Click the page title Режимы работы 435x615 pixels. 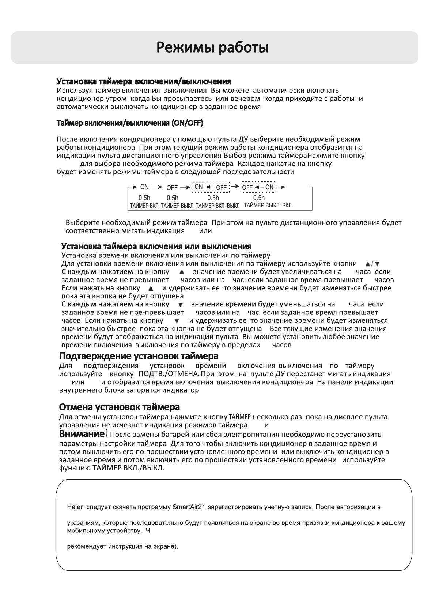(x=213, y=48)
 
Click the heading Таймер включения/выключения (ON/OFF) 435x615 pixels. (x=130, y=123)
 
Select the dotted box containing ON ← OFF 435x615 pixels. (x=211, y=187)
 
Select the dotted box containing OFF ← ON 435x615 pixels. (x=258, y=187)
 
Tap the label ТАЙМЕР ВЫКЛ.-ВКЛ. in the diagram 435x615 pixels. (x=268, y=206)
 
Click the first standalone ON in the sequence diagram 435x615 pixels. (x=144, y=187)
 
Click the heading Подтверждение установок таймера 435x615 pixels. (x=139, y=356)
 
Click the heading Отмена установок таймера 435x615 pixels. (x=119, y=407)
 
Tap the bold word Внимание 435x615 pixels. (x=82, y=434)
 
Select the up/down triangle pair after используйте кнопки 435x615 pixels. (x=372, y=264)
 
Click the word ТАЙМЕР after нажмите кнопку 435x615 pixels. (x=240, y=417)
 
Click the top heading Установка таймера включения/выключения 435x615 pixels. (x=144, y=81)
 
